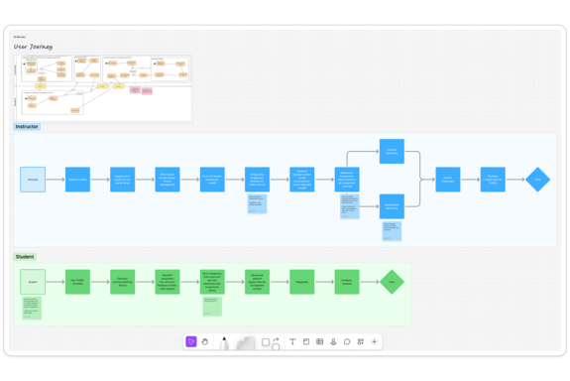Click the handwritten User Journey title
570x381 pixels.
coord(33,47)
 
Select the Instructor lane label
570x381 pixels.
coord(27,127)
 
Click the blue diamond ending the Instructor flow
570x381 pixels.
coord(538,180)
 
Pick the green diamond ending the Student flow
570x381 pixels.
coord(393,282)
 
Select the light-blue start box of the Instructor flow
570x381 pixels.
coord(33,180)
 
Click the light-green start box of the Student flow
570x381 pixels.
coord(33,282)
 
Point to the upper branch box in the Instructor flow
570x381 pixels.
coord(392,153)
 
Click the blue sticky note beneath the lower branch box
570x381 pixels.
coord(392,230)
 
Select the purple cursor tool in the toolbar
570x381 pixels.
coord(190,342)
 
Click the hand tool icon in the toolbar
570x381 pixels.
coord(205,342)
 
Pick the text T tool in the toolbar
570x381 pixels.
coord(292,342)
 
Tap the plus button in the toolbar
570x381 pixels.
coord(374,342)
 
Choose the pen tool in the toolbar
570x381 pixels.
coord(224,342)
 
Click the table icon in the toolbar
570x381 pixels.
coord(319,342)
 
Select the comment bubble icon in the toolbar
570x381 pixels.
coord(347,342)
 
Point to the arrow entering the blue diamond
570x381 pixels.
coord(516,180)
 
